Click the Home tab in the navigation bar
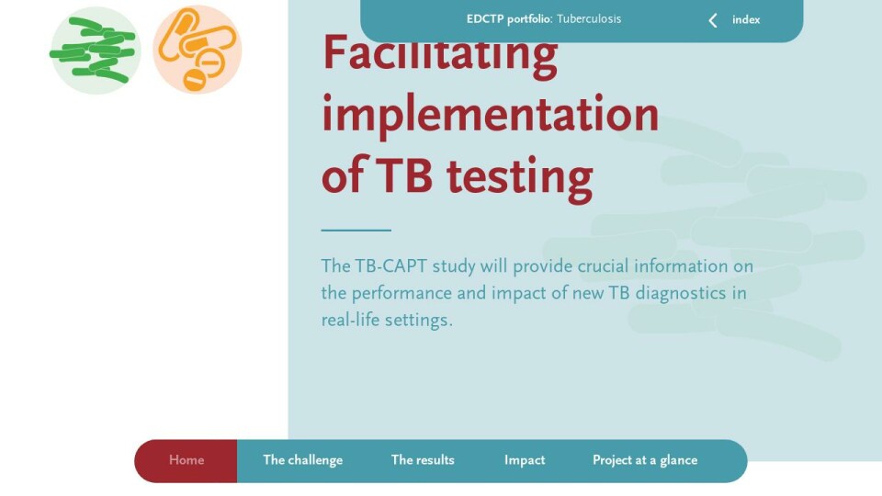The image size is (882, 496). pos(187,460)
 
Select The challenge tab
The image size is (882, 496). pos(302,460)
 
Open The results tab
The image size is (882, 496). pos(423,460)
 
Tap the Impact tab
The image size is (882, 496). pos(525,460)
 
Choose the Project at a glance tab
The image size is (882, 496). pos(645,460)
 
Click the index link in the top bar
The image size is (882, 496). pos(746,20)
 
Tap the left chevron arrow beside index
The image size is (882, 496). pos(713,21)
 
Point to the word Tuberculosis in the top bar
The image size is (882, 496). pos(589,19)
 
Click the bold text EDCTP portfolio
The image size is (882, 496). pos(509,19)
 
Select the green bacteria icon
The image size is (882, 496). pos(95,50)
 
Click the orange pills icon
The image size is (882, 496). pos(198,50)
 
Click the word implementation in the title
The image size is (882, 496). pos(490,115)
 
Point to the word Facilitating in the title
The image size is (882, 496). pos(440,54)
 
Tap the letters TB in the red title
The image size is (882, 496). pos(404,175)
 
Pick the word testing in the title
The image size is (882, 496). pos(520,176)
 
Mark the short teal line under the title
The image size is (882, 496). pos(356,230)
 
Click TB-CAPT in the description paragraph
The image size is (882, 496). pos(390,266)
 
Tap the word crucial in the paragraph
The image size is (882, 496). pos(603,266)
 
